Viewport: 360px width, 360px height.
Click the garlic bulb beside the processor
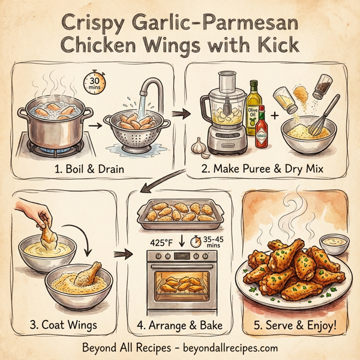[x=199, y=147]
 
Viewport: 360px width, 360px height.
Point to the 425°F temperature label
[x=163, y=242]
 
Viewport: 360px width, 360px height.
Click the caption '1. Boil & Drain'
[x=90, y=170]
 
